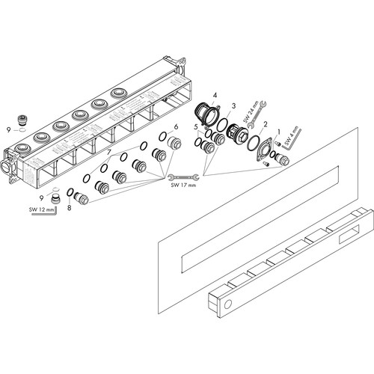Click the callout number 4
pos(215,95)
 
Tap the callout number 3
pos(233,106)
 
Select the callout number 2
pos(266,124)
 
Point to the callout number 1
pos(279,132)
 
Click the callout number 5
pos(196,127)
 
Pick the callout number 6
pos(177,127)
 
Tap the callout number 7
pos(108,152)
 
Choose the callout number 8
pos(69,207)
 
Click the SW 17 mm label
pos(183,185)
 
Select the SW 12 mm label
pos(41,209)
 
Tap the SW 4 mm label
pos(291,136)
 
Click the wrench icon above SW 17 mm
pos(183,177)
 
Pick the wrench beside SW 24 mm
pos(257,114)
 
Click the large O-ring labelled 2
pos(254,143)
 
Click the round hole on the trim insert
pos(228,304)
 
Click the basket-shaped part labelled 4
pos(206,114)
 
